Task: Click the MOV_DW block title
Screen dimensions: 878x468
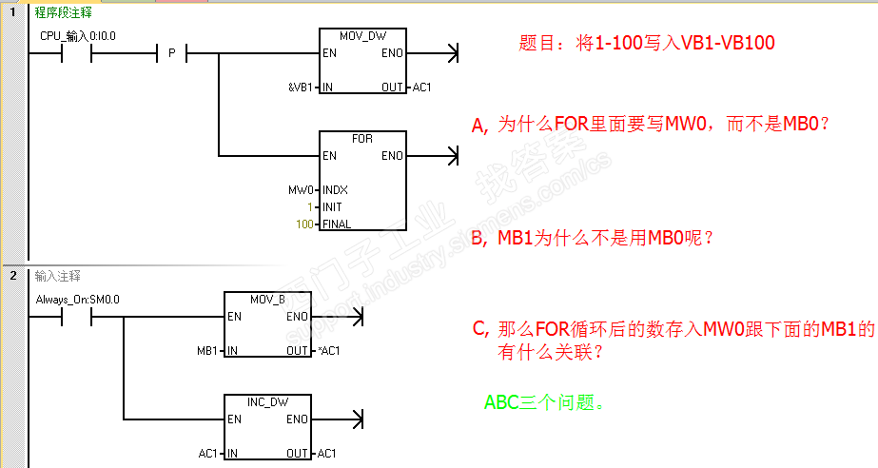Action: tap(362, 36)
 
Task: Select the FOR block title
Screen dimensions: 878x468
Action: tap(362, 138)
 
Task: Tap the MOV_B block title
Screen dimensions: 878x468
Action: tap(267, 300)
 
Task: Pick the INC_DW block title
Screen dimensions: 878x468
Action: tap(267, 402)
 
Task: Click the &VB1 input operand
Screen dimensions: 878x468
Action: tap(301, 88)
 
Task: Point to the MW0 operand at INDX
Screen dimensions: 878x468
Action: tap(301, 190)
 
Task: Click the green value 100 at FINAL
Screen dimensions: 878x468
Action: tap(304, 224)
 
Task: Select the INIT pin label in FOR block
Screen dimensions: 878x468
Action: tap(332, 207)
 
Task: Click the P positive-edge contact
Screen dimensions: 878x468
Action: tap(172, 53)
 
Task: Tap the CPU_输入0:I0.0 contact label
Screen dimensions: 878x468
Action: tap(78, 36)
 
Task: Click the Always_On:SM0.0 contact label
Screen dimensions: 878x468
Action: tap(78, 300)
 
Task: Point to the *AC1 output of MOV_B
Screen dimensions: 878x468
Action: tap(329, 351)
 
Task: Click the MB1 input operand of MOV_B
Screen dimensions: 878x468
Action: tap(206, 351)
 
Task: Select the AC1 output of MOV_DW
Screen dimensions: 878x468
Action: tap(421, 88)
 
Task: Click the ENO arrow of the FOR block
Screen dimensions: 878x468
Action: tap(432, 156)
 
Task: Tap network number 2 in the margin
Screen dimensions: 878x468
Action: tap(13, 276)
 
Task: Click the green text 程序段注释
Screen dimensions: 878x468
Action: tap(64, 12)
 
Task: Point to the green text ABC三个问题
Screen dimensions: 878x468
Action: tap(544, 402)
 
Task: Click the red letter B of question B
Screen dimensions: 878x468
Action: tap(478, 239)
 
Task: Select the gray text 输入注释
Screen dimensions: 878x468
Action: tap(58, 276)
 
